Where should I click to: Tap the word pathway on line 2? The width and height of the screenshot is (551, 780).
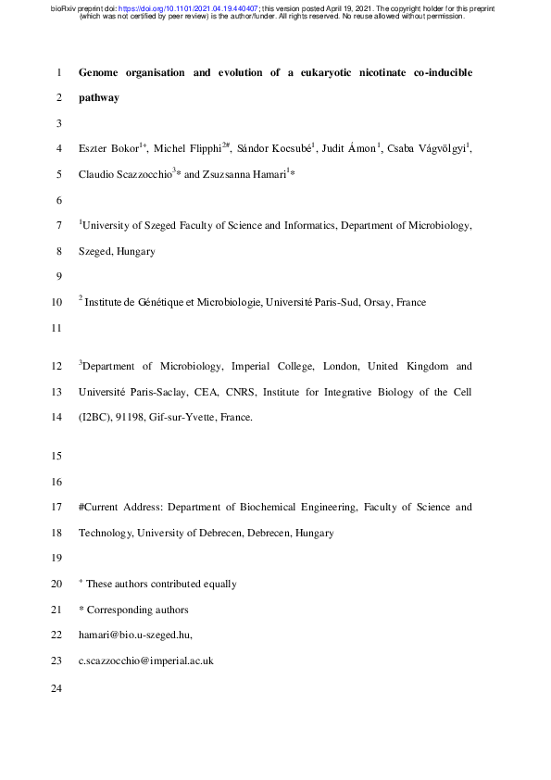point(99,97)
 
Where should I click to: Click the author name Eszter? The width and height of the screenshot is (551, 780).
point(95,148)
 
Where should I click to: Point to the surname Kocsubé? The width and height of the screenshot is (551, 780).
point(291,148)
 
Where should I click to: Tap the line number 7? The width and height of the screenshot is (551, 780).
point(58,225)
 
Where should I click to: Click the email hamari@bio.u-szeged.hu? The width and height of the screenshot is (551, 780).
point(135,635)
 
